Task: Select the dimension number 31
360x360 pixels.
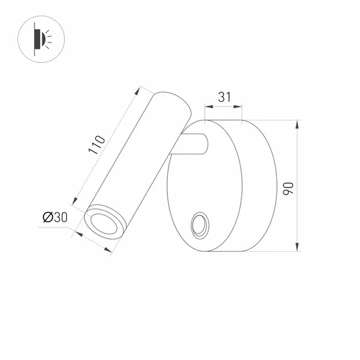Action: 223,97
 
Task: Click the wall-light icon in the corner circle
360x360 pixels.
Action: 38,40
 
